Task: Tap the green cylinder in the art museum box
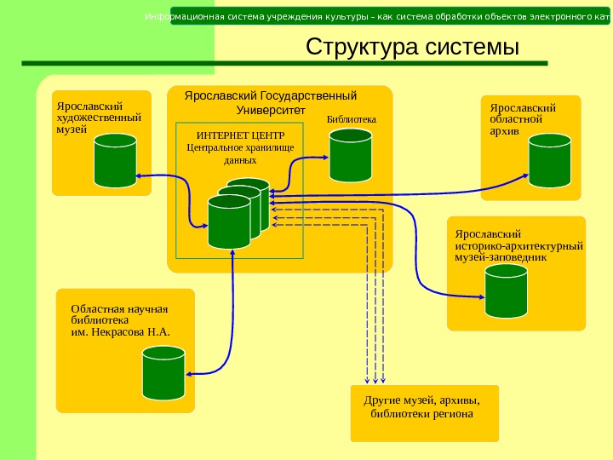click(115, 160)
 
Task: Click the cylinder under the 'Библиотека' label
click(350, 154)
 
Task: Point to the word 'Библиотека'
click(352, 120)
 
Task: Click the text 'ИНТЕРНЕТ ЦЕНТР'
click(240, 135)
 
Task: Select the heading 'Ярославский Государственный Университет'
click(270, 102)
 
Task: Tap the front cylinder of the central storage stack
click(229, 221)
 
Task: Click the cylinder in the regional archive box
click(550, 159)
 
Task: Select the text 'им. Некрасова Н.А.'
click(120, 332)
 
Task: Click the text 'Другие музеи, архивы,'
click(422, 400)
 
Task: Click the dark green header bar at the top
click(390, 16)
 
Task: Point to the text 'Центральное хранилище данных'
click(239, 153)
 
